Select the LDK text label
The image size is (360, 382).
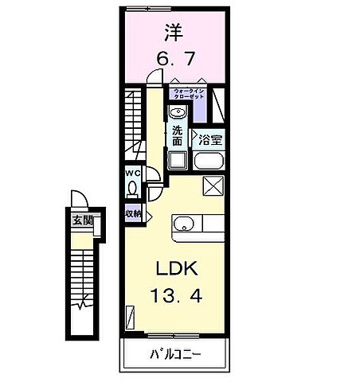click(174, 269)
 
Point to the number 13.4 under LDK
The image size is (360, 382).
click(174, 296)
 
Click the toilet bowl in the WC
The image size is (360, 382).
click(132, 189)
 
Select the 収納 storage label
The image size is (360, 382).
click(132, 213)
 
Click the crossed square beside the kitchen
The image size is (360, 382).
click(214, 186)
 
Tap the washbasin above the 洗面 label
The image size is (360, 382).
click(177, 111)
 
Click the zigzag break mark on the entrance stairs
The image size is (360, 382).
click(82, 303)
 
